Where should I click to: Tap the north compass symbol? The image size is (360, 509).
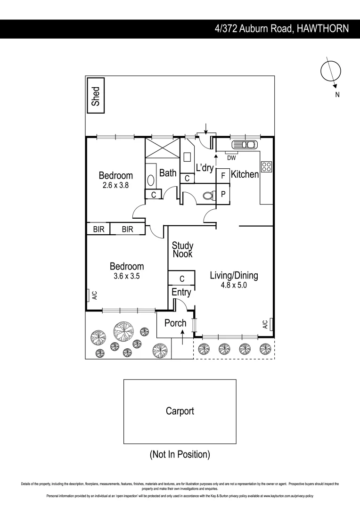click(x=330, y=72)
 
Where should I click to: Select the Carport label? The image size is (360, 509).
click(x=180, y=411)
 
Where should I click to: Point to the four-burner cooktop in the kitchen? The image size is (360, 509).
click(x=266, y=166)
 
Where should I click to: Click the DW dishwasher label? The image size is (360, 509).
click(x=231, y=158)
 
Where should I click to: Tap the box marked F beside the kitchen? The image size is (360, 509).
click(x=222, y=175)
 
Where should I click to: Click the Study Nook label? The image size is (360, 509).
click(x=182, y=249)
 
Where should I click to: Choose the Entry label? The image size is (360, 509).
click(x=181, y=293)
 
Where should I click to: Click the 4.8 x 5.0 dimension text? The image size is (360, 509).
click(x=234, y=285)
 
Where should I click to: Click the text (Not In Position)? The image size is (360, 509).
click(x=180, y=455)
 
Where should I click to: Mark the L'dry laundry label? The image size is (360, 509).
click(x=205, y=168)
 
